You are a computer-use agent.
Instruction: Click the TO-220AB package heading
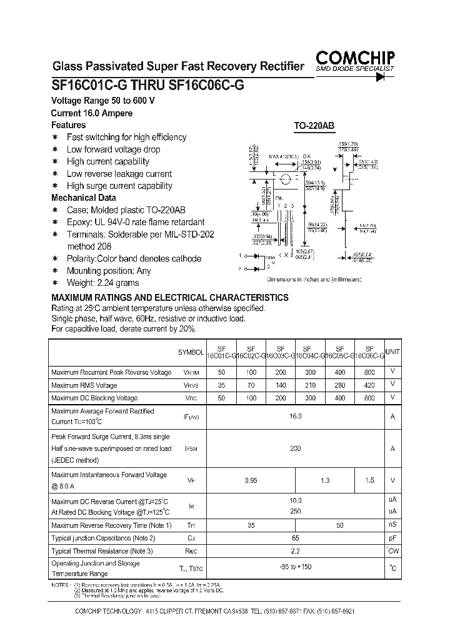[314, 126]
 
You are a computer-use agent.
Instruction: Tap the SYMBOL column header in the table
[191, 353]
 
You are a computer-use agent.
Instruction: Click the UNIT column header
[392, 352]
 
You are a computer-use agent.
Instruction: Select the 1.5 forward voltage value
[370, 480]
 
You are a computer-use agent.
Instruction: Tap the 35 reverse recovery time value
[251, 525]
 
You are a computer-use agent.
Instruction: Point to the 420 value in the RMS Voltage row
[370, 385]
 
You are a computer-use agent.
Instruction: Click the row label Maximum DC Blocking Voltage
[94, 398]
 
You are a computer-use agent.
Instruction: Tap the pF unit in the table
[392, 538]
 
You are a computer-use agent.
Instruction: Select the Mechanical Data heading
[83, 198]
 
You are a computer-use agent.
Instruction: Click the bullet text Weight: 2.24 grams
[102, 283]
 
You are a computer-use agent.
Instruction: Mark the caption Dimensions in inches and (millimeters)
[314, 280]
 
